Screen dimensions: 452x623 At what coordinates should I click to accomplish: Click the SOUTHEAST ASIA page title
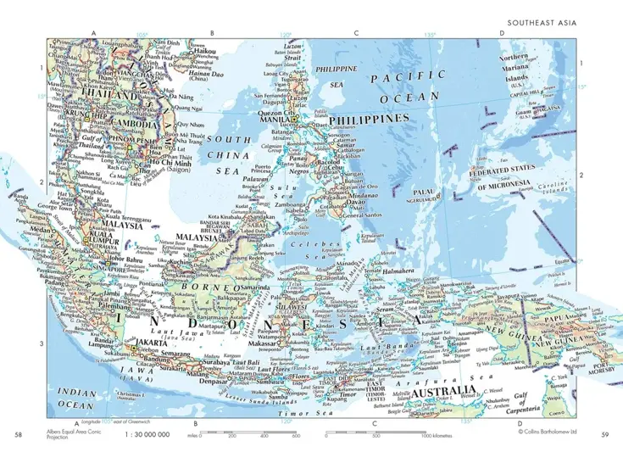point(548,23)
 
